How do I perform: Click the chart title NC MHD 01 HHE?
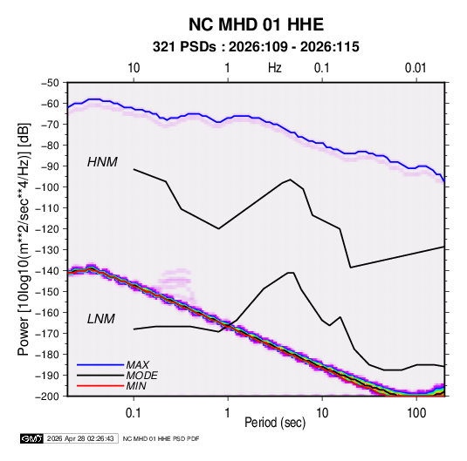pyautogui.click(x=256, y=24)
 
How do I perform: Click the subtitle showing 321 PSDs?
pyautogui.click(x=256, y=47)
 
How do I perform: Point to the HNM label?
pyautogui.click(x=102, y=162)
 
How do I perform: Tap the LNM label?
pyautogui.click(x=101, y=319)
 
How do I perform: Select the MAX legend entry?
pyautogui.click(x=138, y=364)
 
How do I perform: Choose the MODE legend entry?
pyautogui.click(x=141, y=376)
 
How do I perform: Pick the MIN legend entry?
pyautogui.click(x=136, y=386)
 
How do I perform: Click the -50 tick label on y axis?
pyautogui.click(x=50, y=83)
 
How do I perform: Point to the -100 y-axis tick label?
pyautogui.click(x=47, y=187)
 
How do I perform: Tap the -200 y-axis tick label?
pyautogui.click(x=47, y=397)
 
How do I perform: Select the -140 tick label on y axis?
pyautogui.click(x=47, y=271)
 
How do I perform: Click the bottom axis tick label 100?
pyautogui.click(x=416, y=413)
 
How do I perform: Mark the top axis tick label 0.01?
pyautogui.click(x=415, y=68)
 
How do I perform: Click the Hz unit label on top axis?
pyautogui.click(x=275, y=68)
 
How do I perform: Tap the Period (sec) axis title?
pyautogui.click(x=275, y=423)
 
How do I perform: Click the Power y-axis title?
pyautogui.click(x=24, y=239)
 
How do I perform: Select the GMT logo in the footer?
pyautogui.click(x=31, y=438)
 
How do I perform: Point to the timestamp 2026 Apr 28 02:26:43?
pyautogui.click(x=80, y=438)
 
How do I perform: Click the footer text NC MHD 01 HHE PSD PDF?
pyautogui.click(x=161, y=438)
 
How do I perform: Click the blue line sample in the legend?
pyautogui.click(x=100, y=364)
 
